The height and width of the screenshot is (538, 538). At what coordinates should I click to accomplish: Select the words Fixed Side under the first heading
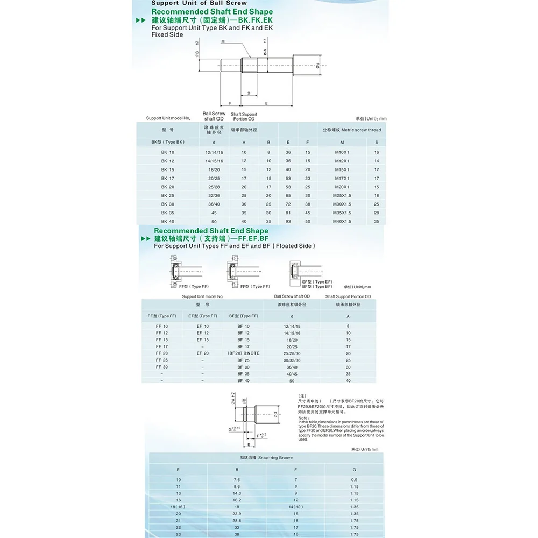(x=167, y=34)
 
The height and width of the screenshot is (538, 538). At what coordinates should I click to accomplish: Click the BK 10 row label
(x=168, y=152)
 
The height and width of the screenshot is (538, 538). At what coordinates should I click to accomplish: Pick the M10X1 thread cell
(x=342, y=152)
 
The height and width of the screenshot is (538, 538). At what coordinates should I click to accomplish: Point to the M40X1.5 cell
(x=342, y=221)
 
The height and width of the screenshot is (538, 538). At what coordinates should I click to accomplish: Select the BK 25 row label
(x=168, y=195)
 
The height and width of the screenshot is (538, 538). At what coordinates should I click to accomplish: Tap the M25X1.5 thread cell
(x=342, y=195)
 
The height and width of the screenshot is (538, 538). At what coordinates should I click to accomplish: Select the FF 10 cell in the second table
(x=162, y=326)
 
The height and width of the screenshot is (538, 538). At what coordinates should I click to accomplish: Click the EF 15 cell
(x=202, y=340)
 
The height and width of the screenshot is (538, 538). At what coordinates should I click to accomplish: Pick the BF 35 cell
(x=243, y=373)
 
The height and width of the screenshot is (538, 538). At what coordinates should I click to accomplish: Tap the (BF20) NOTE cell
(x=243, y=353)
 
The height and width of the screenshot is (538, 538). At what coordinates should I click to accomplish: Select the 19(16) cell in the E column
(x=179, y=506)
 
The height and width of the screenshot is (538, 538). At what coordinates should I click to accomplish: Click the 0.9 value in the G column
(x=353, y=479)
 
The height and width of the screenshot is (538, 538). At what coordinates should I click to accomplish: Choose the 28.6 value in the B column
(x=236, y=520)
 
